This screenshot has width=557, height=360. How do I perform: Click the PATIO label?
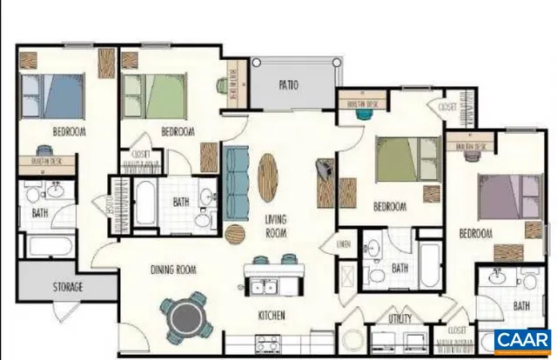pos(289,85)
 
